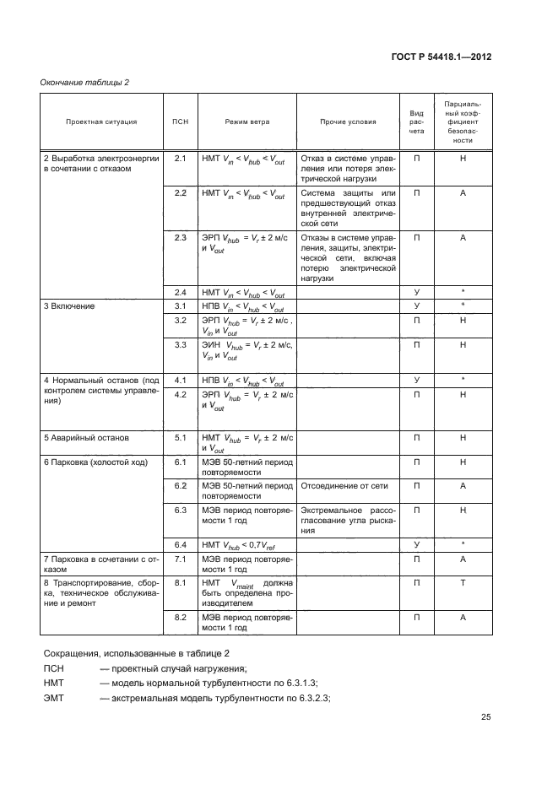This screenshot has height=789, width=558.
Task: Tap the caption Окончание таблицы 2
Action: (85, 82)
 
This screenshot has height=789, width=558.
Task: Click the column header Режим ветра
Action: (246, 122)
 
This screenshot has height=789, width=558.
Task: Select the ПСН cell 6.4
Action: (180, 544)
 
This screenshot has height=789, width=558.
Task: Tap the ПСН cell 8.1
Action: (180, 582)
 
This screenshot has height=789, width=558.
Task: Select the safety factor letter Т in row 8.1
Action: (463, 582)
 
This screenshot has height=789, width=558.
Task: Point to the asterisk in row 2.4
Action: (463, 293)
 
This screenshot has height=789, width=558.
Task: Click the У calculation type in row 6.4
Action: (416, 544)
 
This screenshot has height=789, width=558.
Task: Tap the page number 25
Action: (485, 717)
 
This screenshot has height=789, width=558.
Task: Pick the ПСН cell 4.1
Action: (180, 380)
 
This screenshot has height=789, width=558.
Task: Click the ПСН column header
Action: (180, 122)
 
